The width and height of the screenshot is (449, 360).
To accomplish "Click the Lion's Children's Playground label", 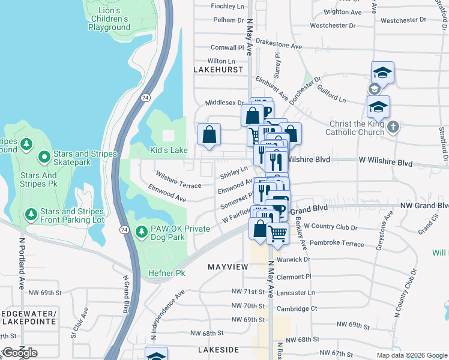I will [x=109, y=19].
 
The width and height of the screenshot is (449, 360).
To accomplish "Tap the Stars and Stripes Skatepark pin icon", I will [x=44, y=158].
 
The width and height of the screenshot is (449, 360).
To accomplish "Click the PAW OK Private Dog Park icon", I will [x=142, y=232].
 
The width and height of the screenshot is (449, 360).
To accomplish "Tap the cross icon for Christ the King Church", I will [x=393, y=127].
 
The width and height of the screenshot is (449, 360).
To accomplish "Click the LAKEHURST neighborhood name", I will [x=218, y=70].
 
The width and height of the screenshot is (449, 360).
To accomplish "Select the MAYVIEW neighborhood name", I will [x=228, y=266].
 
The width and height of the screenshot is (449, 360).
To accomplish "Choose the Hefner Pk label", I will [x=167, y=274].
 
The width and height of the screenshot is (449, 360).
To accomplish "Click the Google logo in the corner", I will [x=20, y=353].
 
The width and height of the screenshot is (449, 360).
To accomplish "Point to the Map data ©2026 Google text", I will [x=411, y=355].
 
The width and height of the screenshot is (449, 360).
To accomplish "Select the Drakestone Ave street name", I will [x=279, y=45].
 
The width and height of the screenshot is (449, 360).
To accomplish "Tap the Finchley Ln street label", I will [x=228, y=7].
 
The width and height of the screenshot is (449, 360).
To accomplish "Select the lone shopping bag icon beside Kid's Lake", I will [x=209, y=135].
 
